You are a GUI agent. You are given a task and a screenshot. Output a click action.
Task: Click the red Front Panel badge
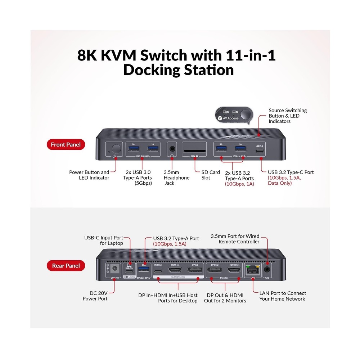coord(66,145)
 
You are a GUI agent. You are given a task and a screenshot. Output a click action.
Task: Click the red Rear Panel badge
coord(65,266)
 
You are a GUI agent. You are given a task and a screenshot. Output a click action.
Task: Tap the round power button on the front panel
coord(116,148)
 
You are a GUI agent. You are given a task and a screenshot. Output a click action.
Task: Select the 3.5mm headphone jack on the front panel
coord(172,148)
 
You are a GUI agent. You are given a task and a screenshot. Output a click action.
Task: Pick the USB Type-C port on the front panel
coord(259,151)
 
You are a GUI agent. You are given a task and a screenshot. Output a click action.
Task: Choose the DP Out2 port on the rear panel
coord(215,269)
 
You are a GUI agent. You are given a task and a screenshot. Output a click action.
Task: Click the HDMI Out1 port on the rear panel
coord(234,269)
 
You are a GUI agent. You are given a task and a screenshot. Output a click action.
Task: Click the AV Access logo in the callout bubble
coord(228,118)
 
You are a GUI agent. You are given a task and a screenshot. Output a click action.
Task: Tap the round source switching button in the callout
coord(246,114)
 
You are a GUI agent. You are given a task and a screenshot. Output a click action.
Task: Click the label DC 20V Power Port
coord(95,296)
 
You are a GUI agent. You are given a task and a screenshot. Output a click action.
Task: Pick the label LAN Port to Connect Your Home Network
coord(283,296)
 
